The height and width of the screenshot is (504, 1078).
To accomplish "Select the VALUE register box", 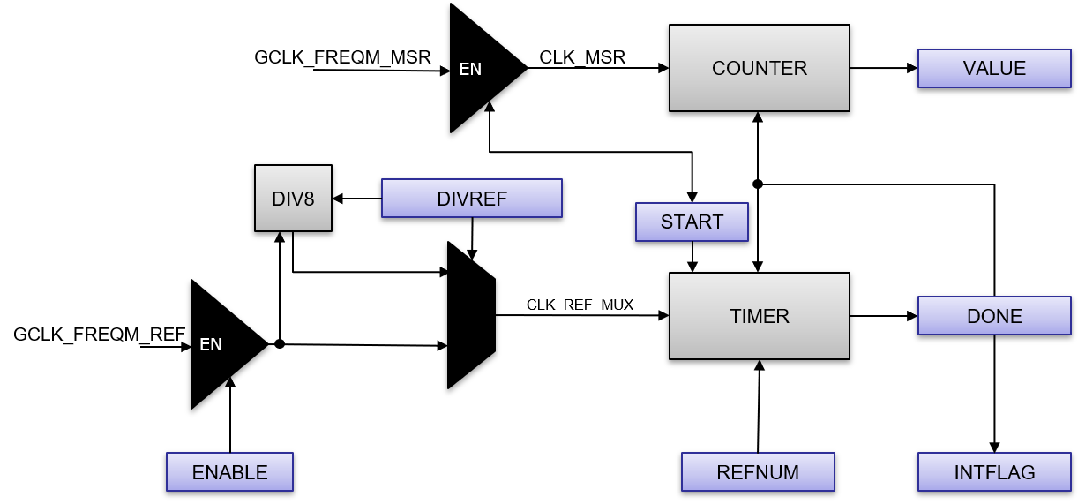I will coord(994,69).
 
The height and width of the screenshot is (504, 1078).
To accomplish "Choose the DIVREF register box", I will coord(472,199).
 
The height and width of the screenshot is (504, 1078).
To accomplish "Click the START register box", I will coord(692,222).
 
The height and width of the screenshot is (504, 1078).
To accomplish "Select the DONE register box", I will coord(994,316).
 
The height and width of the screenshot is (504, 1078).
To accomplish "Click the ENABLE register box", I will coord(229,472).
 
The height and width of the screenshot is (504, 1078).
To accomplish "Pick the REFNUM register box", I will coord(758,472).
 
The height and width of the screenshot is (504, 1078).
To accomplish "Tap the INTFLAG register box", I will coord(994,472).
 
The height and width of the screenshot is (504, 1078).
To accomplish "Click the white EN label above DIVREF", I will coord(470,69).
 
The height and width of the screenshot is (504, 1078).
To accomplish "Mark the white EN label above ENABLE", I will coord(211,344).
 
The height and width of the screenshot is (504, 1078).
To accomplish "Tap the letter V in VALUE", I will coord(969,69).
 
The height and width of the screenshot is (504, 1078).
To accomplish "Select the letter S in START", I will coord(667,222).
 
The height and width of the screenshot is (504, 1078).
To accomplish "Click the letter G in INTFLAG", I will coord(1028,473).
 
